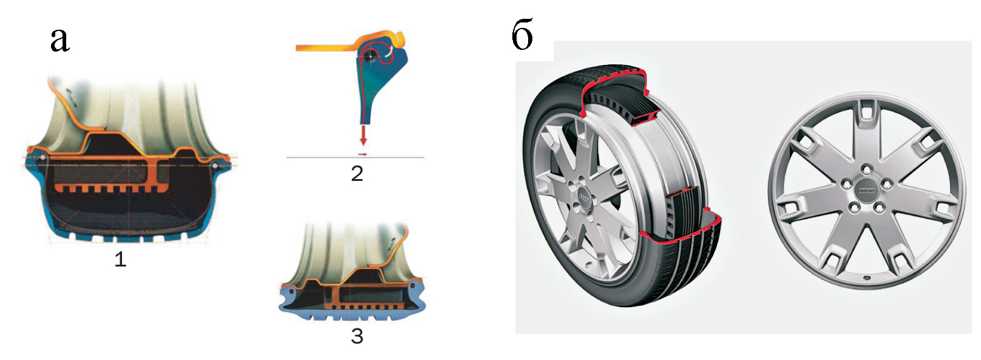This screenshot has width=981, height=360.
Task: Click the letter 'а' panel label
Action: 60,40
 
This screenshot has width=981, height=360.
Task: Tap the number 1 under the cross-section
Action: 120,260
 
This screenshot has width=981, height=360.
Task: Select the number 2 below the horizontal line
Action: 357,174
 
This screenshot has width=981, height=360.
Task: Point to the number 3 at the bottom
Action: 357,336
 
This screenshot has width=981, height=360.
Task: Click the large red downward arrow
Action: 362,135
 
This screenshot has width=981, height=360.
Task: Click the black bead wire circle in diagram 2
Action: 371,56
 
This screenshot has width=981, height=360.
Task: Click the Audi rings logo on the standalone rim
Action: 866,190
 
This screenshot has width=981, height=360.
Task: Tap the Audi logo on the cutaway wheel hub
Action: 585,197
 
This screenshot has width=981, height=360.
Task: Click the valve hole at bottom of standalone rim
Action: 867,278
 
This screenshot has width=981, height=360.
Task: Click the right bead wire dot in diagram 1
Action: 214,166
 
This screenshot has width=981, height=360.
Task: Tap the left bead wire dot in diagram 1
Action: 42,157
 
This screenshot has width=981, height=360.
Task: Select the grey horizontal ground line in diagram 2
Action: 355,157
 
